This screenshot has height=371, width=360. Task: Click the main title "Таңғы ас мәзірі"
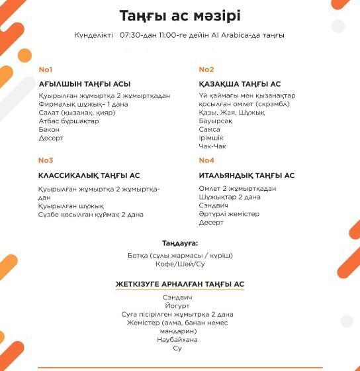180,15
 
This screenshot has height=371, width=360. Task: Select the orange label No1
46,70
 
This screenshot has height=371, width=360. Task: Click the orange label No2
206,70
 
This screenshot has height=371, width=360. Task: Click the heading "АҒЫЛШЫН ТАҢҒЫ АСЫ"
85,84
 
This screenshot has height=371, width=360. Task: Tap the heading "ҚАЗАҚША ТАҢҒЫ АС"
240,84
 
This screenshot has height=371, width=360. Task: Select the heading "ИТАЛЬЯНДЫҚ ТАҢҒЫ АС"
247,176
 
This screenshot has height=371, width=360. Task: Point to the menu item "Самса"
210,130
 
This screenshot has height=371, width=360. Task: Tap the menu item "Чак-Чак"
213,147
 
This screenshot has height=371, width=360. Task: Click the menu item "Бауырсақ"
215,121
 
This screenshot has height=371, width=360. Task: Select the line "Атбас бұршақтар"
69,121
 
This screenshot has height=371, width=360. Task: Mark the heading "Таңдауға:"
180,243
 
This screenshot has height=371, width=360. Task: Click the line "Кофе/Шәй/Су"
180,264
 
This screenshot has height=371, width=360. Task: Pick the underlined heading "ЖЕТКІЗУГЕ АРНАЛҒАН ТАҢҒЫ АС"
180,284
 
